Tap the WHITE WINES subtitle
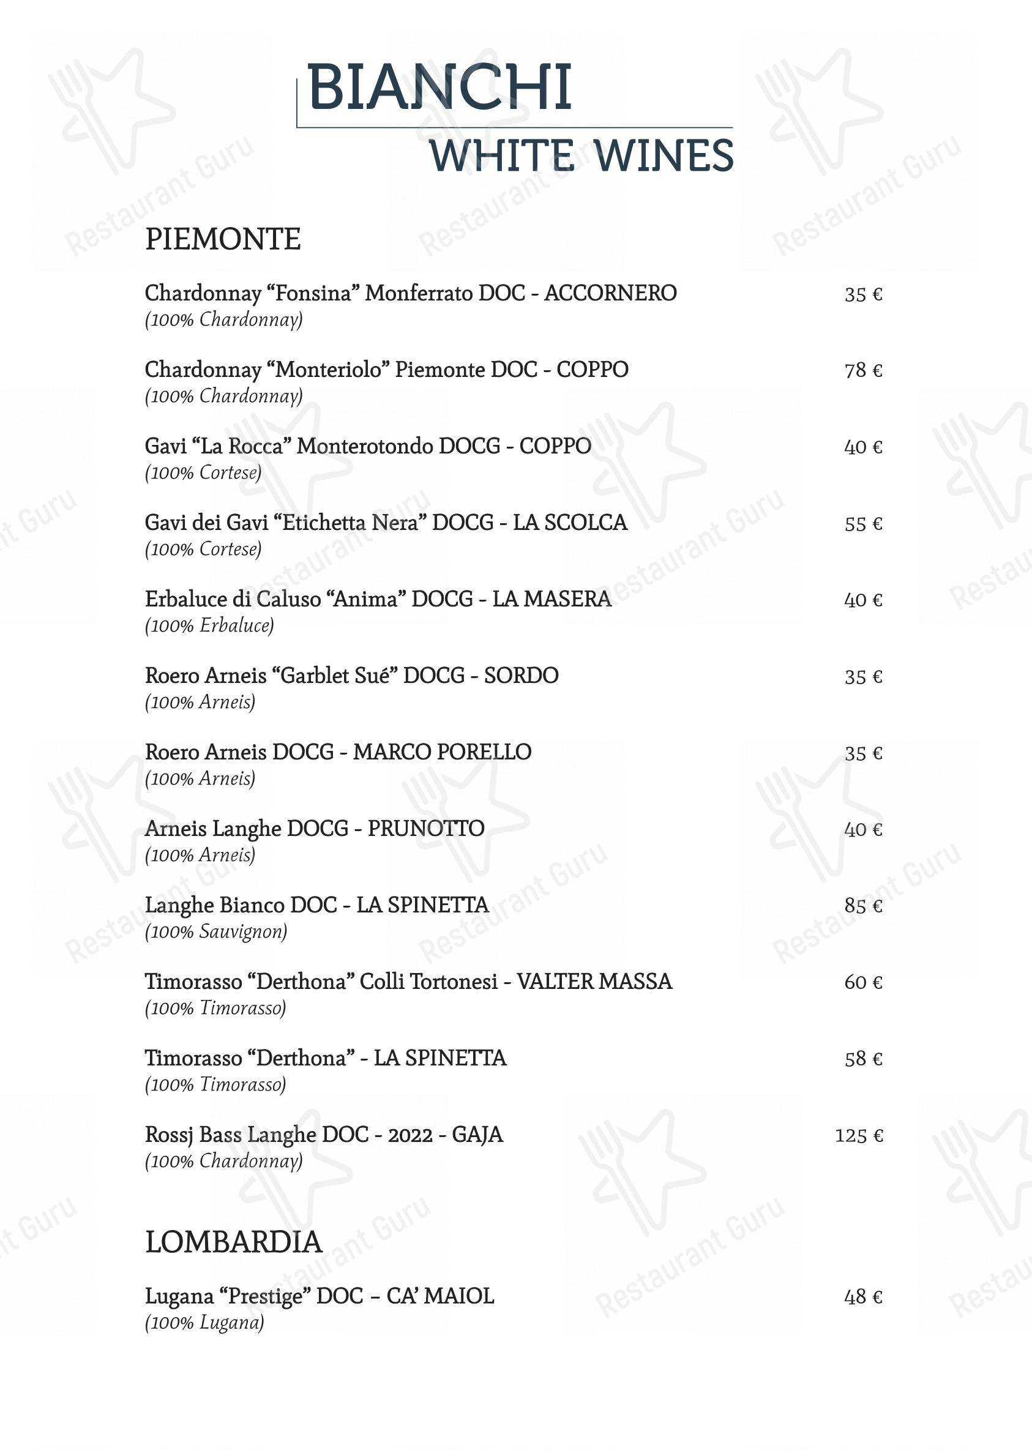point(581,155)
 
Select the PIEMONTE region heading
point(222,239)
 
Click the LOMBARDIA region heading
point(233,1242)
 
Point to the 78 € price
point(863,370)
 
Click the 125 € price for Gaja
point(859,1135)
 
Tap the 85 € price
point(863,906)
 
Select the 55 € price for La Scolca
point(863,524)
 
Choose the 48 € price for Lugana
point(863,1297)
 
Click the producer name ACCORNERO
point(610,294)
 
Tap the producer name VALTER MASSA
point(594,982)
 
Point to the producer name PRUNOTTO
point(426,829)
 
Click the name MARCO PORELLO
point(443,752)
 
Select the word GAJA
point(477,1135)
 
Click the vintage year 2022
point(411,1135)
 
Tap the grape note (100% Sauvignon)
point(216,932)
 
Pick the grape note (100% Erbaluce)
point(209,626)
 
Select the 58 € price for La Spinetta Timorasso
point(863,1059)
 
